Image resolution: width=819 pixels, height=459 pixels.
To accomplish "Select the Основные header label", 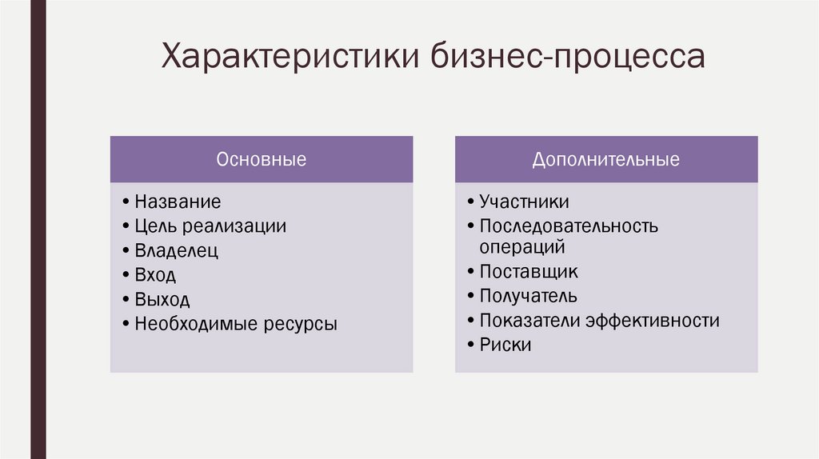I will click(x=262, y=159).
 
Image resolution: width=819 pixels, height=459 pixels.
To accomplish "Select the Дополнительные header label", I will click(x=606, y=159).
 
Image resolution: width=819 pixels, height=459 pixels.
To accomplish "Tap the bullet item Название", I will click(x=178, y=202).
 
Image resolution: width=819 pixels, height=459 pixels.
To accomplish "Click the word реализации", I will click(x=236, y=226).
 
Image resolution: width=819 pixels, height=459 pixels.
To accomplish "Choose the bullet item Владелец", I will click(x=176, y=251).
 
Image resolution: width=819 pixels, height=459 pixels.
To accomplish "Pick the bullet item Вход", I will click(x=155, y=275).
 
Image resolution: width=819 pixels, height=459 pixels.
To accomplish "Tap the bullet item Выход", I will click(x=162, y=300).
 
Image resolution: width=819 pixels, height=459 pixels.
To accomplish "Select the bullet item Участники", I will click(x=524, y=202).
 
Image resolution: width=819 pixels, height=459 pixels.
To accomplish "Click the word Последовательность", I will click(x=569, y=226).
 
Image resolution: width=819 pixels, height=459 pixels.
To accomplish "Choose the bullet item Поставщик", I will click(x=529, y=272).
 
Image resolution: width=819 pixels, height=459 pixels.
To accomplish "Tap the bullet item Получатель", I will click(x=528, y=297).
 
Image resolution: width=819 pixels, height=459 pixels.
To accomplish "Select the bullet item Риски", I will click(x=505, y=345).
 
